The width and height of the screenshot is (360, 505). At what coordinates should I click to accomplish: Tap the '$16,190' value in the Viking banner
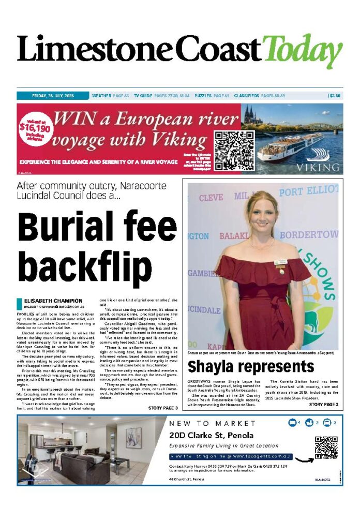click(x=35, y=128)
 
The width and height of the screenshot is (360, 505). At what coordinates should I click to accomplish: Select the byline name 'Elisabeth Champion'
click(x=53, y=301)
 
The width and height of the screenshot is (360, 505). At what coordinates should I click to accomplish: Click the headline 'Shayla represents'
click(x=250, y=367)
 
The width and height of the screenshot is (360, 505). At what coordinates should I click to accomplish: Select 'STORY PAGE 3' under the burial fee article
click(x=162, y=408)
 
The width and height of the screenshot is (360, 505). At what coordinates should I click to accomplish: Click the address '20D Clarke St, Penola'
click(x=211, y=435)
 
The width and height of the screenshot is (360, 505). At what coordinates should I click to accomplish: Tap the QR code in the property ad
click(x=326, y=448)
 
